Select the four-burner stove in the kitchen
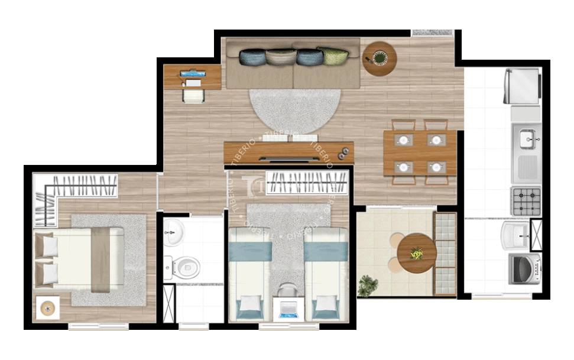tap(526, 201)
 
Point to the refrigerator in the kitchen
tap(522, 86)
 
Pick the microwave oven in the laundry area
tap(524, 269)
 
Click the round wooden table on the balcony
tap(417, 253)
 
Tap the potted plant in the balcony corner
tap(368, 286)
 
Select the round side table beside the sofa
tap(379, 58)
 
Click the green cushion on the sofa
tap(333, 56)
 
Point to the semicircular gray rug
tap(294, 110)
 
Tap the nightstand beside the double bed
tap(47, 307)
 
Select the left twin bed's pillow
tap(249, 306)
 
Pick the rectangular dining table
tap(420, 153)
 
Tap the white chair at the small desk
tap(193, 95)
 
